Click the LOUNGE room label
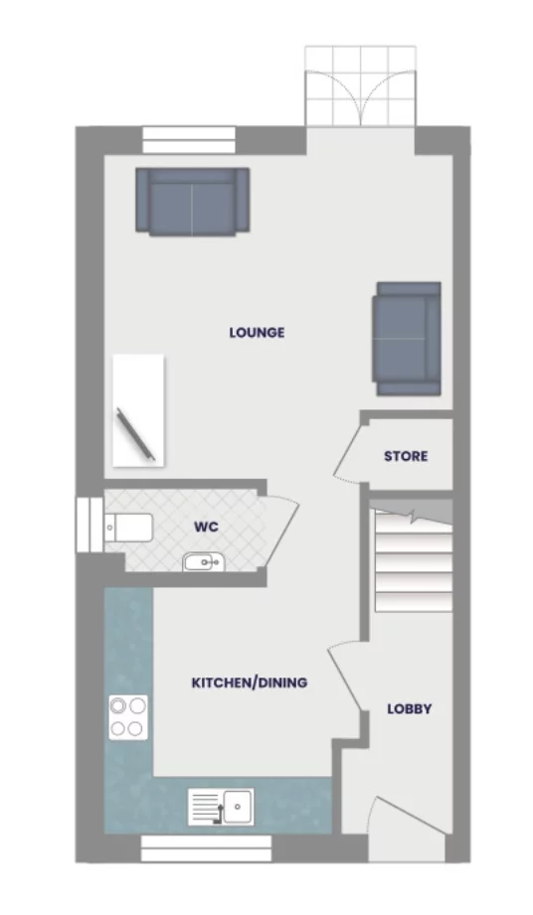point(257,333)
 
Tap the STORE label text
point(406,456)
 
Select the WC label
point(206,527)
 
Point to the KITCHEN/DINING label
point(249,684)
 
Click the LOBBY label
point(410,709)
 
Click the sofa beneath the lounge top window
point(192,201)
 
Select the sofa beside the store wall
point(407,338)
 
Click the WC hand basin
point(204,563)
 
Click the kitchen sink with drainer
point(221,806)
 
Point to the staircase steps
point(411,560)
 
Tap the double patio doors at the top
point(359,86)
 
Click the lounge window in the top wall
point(190,139)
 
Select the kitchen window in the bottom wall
point(206,847)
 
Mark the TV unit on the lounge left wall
point(136,409)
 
